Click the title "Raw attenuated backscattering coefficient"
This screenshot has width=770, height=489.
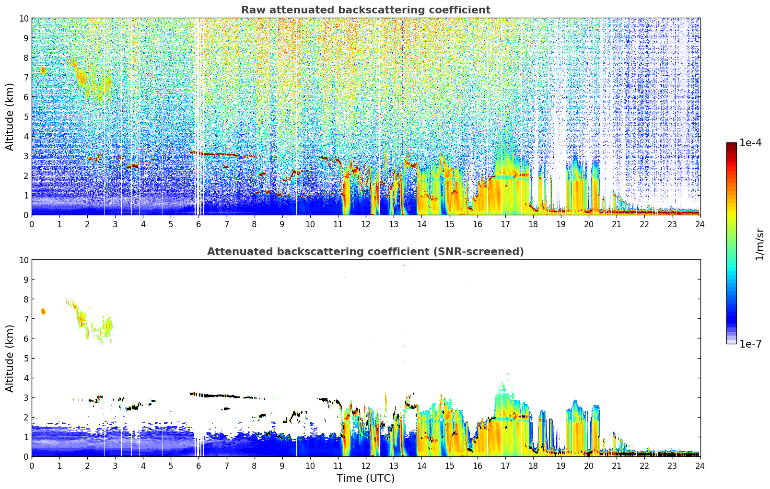point(365,10)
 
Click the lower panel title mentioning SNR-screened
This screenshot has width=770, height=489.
point(365,252)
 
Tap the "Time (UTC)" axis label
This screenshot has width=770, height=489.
point(365,478)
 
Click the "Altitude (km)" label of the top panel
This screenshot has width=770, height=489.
point(10,116)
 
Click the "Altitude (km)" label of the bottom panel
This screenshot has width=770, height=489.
point(10,358)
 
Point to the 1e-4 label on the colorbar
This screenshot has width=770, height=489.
point(750,143)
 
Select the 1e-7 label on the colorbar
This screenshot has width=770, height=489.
point(750,344)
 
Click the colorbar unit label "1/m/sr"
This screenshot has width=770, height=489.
point(759,244)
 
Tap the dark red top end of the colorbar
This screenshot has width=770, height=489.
point(731,145)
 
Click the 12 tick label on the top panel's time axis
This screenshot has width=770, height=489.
point(366,224)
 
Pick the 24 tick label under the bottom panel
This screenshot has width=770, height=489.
point(700,466)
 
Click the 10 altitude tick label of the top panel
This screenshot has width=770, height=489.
point(23,18)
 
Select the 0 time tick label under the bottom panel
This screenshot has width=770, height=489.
point(32,466)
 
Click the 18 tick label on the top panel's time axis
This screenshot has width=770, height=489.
point(533,224)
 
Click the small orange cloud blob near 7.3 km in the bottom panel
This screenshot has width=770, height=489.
point(43,312)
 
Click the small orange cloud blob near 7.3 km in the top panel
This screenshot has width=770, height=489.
point(43,70)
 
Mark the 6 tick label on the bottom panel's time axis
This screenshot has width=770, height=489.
point(199,466)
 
